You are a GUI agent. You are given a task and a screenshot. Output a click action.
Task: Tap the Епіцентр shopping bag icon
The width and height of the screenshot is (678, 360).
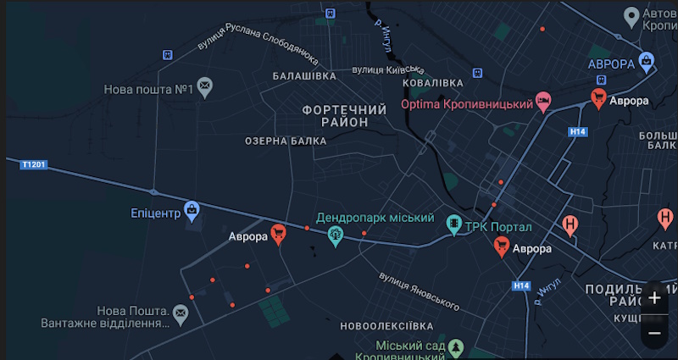point(192,208)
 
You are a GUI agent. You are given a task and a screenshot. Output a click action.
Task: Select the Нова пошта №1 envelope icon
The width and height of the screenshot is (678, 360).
point(205,86)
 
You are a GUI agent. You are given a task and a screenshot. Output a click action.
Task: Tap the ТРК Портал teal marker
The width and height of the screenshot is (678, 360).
point(454,224)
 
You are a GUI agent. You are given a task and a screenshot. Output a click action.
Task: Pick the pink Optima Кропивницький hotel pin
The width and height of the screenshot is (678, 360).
point(543,101)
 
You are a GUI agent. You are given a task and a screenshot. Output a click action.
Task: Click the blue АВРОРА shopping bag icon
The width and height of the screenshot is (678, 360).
point(647,60)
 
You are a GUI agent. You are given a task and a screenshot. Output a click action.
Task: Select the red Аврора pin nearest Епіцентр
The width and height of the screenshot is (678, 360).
point(278,233)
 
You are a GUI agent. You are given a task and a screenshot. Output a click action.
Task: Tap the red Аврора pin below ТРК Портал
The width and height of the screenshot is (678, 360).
point(502,245)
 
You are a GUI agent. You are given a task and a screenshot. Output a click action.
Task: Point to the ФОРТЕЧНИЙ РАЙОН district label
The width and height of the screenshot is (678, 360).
point(344,116)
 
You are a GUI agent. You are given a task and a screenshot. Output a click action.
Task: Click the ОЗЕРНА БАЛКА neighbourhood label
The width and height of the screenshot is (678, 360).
point(286,141)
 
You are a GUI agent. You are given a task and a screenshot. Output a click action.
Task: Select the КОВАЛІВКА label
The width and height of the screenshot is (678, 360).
point(432,82)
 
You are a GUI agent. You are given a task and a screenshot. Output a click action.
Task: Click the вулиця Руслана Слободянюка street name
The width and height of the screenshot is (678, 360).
point(258,44)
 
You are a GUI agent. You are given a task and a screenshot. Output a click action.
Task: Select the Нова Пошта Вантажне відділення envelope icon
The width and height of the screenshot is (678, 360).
point(180,313)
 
